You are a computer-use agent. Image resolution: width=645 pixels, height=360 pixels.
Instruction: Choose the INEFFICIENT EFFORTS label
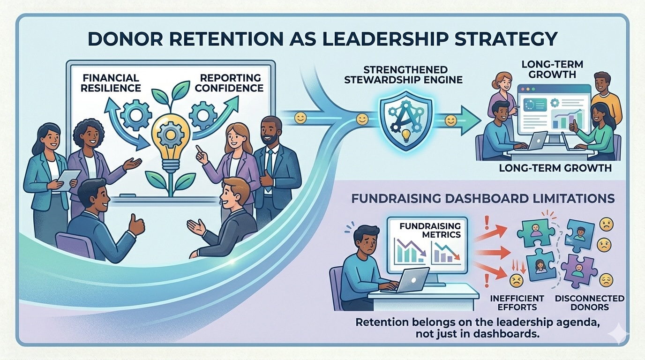517,303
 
